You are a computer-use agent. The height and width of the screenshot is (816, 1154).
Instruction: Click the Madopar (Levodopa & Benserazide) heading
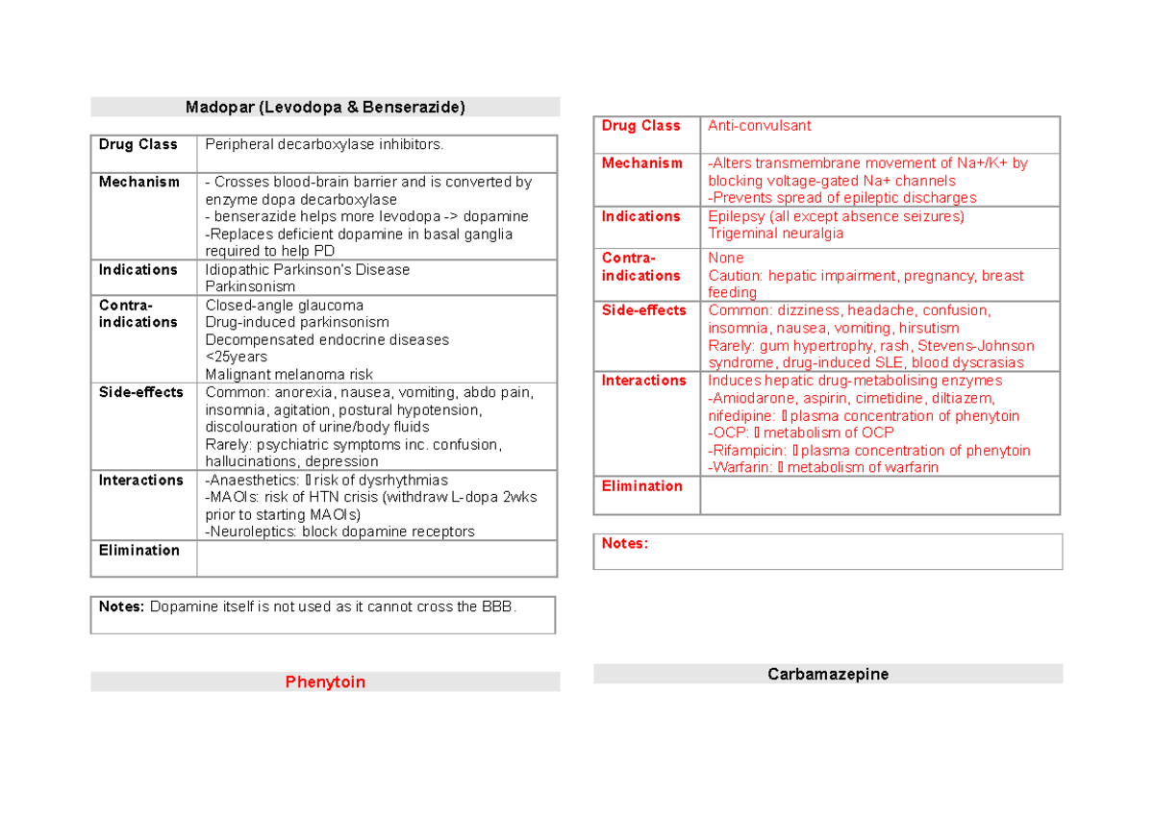(325, 108)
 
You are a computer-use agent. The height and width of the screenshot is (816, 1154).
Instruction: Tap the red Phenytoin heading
(325, 682)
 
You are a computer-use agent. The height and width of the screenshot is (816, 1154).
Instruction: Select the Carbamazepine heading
(827, 674)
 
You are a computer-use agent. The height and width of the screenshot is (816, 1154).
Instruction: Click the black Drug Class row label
(138, 144)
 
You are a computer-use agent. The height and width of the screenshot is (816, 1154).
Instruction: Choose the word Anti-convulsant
(759, 126)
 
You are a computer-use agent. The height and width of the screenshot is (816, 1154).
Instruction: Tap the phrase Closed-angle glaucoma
(285, 306)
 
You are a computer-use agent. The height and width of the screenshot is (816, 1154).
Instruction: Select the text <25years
(237, 358)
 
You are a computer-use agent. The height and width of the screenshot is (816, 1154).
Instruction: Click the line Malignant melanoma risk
(289, 375)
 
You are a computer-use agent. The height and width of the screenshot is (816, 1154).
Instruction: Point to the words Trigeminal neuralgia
(775, 234)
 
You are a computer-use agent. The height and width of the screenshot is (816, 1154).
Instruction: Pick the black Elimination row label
(138, 551)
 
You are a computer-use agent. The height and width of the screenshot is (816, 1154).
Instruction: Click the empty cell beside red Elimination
(879, 496)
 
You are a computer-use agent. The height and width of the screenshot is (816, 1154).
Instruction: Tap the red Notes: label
(625, 544)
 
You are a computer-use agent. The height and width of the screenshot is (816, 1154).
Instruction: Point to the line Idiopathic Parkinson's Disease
(308, 270)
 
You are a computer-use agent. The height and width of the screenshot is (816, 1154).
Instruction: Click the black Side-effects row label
(140, 392)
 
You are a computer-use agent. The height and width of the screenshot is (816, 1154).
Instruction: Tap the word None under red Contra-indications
(725, 259)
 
